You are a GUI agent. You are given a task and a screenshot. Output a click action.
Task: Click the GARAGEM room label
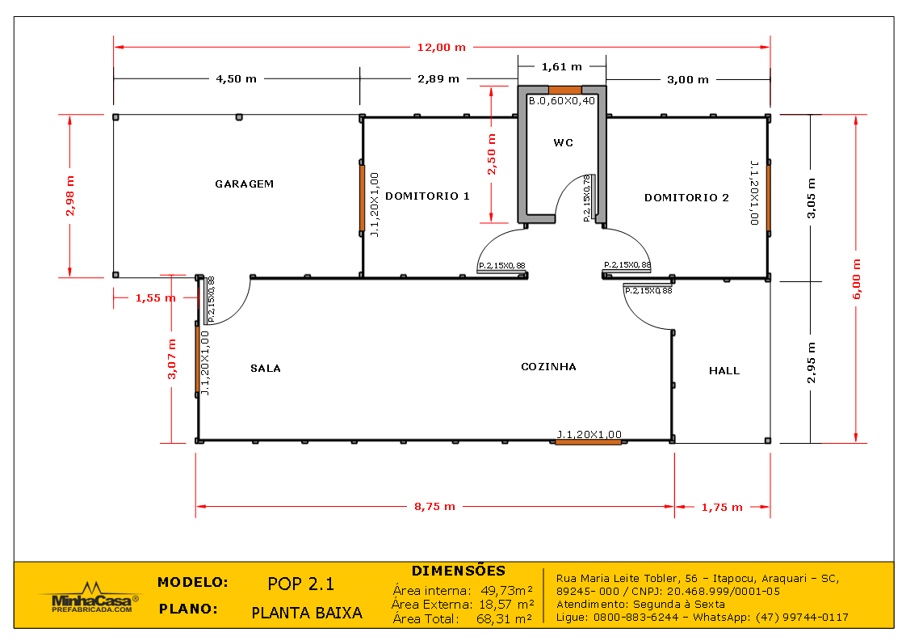coord(244,183)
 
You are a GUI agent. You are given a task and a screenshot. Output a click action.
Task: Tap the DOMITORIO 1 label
coord(427,196)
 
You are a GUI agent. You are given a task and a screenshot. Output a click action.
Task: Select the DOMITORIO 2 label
coord(686,197)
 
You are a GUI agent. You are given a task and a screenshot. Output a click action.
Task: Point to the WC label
coord(563,143)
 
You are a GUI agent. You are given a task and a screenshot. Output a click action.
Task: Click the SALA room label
coord(266,368)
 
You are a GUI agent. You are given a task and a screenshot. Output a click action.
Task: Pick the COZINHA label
coord(548,366)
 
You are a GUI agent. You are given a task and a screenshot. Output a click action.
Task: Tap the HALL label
coord(724,370)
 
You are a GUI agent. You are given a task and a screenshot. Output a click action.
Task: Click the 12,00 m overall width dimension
coord(441,47)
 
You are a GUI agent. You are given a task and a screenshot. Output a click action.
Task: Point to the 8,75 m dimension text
coord(434,507)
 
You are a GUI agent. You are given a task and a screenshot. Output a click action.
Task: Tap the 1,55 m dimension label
coord(155,297)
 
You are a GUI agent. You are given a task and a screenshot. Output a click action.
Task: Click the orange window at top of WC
coord(564,90)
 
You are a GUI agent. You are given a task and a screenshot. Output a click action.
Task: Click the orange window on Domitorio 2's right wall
coord(768,198)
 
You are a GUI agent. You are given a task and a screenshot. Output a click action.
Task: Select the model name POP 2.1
coord(300,584)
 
